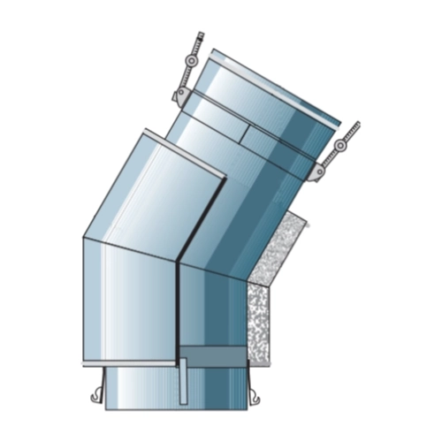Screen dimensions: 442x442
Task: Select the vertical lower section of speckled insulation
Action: [260, 323]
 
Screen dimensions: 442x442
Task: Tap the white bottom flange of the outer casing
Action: [133, 364]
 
